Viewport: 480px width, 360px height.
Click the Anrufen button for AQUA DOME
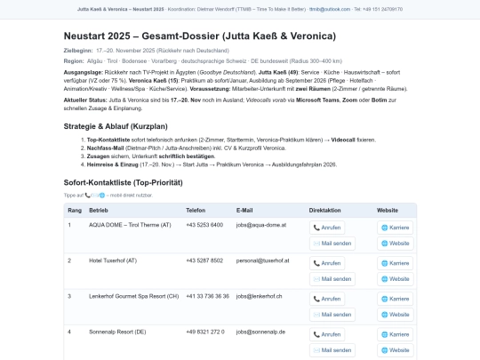pyautogui.click(x=327, y=227)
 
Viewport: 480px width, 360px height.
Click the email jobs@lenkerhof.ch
pyautogui.click(x=260, y=295)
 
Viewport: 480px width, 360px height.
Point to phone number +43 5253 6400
pyautogui.click(x=204, y=225)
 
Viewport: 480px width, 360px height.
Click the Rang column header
pyautogui.click(x=74, y=211)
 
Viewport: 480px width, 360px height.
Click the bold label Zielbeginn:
pyautogui.click(x=78, y=51)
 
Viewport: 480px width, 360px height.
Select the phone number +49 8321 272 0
pyautogui.click(x=205, y=331)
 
